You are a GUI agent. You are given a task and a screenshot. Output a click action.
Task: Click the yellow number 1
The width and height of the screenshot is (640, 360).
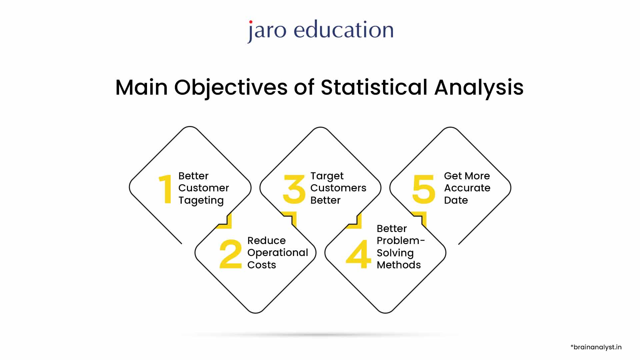[x=166, y=189]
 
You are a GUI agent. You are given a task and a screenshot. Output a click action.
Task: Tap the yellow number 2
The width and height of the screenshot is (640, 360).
[x=230, y=254]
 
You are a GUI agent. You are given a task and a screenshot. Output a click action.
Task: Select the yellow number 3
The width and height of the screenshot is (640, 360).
[x=294, y=189]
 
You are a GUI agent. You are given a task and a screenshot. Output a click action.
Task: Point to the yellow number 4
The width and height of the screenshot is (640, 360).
[x=358, y=254]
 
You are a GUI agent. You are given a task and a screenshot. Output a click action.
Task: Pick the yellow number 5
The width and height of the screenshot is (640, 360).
[x=424, y=189]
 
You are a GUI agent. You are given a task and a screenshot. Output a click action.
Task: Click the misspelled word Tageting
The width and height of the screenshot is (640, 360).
[x=201, y=200]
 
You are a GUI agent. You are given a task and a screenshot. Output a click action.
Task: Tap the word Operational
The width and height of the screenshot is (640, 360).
[x=278, y=253]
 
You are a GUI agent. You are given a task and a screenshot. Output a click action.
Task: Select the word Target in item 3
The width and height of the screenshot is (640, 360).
[x=327, y=176]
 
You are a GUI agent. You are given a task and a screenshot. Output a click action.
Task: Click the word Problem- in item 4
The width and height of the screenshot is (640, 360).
[x=401, y=241]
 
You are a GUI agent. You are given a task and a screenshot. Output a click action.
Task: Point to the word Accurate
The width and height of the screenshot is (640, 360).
[x=467, y=188]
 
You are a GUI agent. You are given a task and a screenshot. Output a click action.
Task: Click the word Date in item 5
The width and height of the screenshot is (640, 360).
[x=456, y=200]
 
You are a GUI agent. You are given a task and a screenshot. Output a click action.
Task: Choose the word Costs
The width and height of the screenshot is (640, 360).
[x=262, y=265]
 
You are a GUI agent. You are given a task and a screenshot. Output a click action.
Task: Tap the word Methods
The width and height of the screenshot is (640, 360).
[x=399, y=265]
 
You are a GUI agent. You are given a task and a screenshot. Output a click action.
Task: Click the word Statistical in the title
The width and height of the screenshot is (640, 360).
[x=374, y=87]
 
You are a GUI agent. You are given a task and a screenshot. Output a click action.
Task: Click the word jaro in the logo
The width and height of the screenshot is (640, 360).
[x=267, y=31]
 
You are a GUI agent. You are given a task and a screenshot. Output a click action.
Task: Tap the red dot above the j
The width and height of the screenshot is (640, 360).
[x=251, y=22]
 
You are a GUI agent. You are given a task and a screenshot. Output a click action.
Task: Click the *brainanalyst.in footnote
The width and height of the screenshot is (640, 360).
[x=596, y=347]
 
